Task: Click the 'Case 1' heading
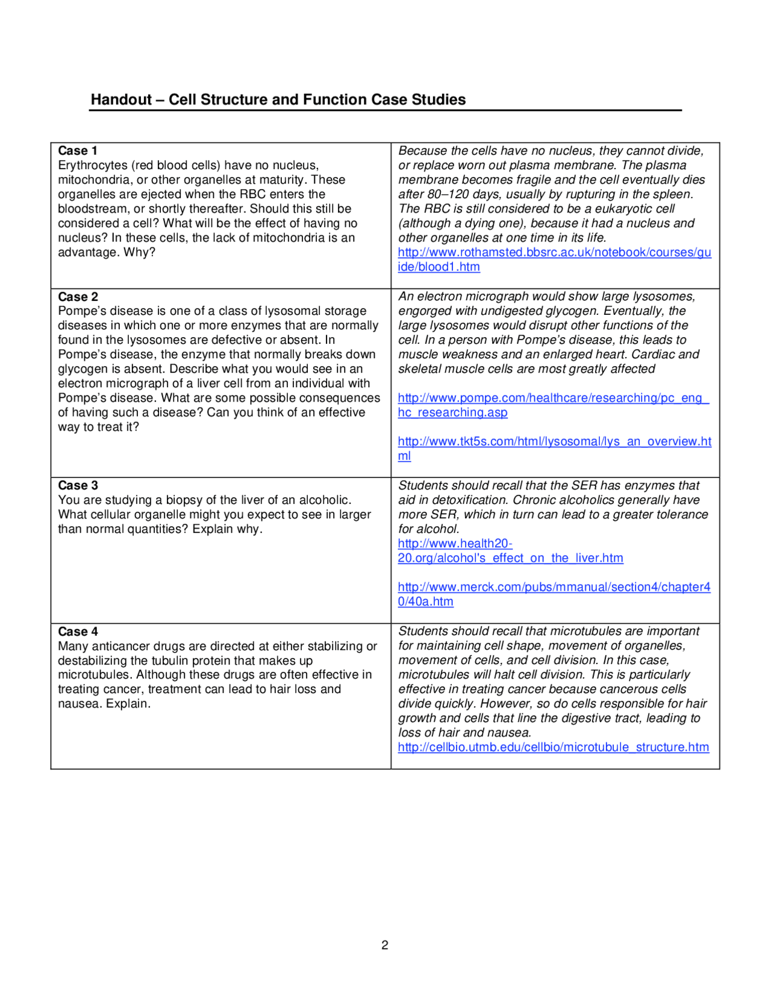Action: click(x=78, y=151)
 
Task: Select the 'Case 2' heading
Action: click(x=78, y=297)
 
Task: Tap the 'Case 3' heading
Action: click(x=78, y=485)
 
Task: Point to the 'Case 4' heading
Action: click(x=78, y=632)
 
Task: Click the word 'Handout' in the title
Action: click(x=121, y=99)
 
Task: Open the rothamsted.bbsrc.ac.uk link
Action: click(x=554, y=253)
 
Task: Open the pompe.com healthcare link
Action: click(x=553, y=399)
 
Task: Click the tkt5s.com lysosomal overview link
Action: click(x=554, y=442)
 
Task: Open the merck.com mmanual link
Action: click(x=554, y=587)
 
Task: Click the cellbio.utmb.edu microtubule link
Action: click(x=553, y=747)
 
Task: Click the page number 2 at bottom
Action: click(x=385, y=945)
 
